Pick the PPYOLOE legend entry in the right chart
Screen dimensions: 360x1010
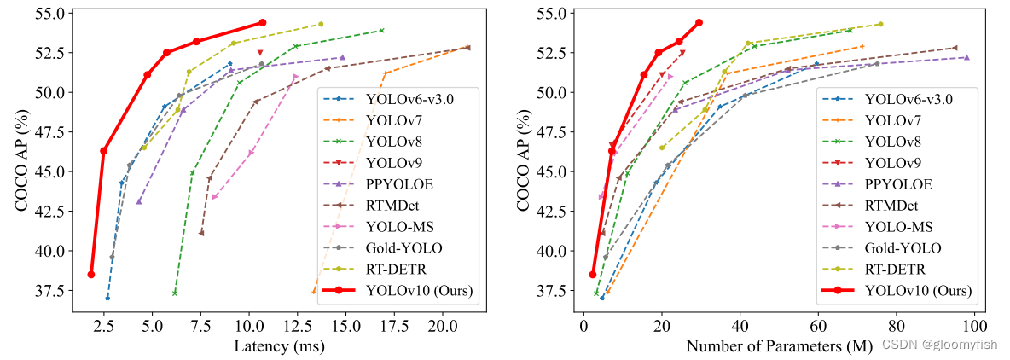click(x=898, y=183)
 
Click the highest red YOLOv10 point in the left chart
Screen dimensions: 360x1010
click(x=262, y=22)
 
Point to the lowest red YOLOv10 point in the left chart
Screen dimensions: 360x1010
click(x=91, y=275)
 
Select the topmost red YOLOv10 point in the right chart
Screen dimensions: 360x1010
click(x=699, y=22)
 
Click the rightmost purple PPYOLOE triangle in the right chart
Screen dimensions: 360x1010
click(x=966, y=58)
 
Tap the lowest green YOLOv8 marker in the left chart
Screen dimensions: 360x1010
click(x=175, y=293)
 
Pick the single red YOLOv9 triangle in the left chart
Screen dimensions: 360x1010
click(x=260, y=53)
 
